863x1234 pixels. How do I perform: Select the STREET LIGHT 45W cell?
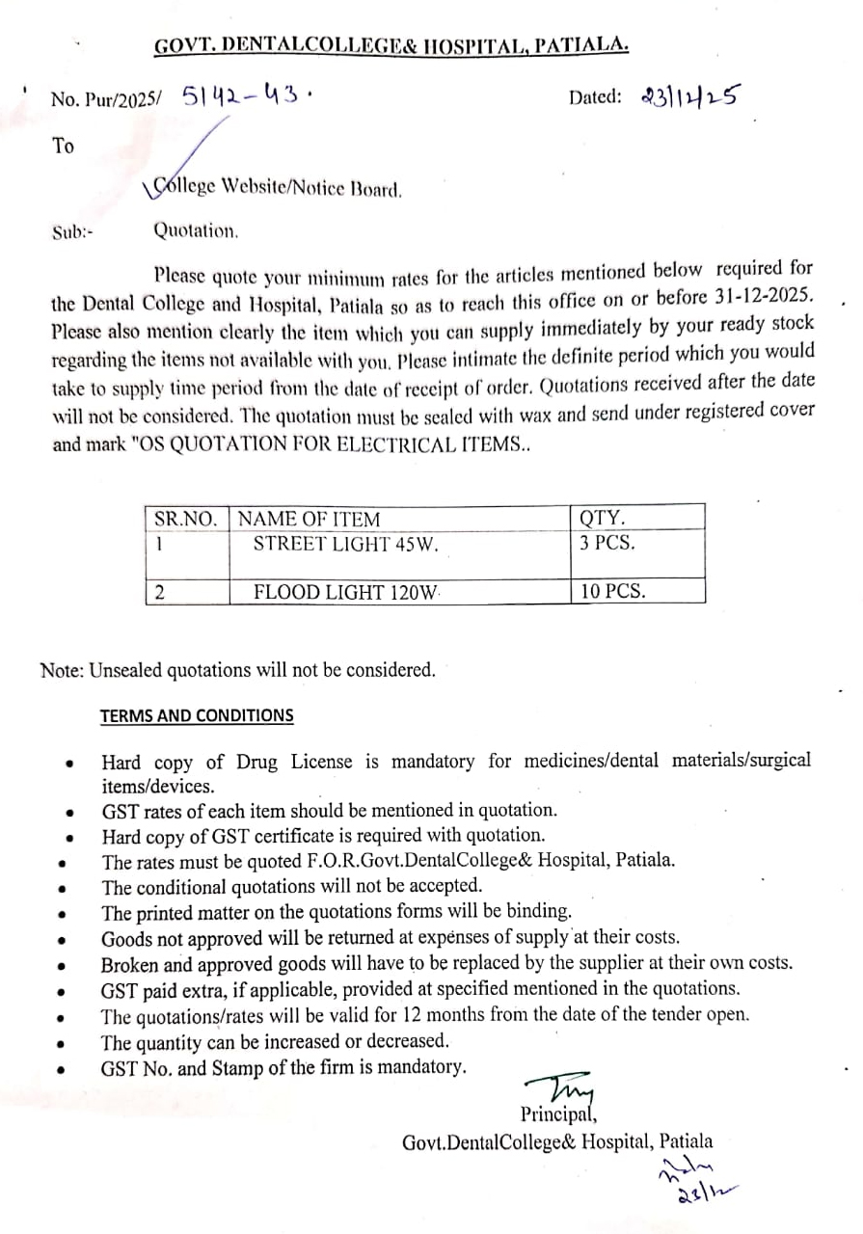tap(346, 544)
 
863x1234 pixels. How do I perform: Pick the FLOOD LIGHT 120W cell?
tap(346, 592)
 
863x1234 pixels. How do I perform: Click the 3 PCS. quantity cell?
tap(607, 542)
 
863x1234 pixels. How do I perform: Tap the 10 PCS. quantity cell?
tap(612, 592)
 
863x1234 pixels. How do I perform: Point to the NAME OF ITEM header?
tap(309, 519)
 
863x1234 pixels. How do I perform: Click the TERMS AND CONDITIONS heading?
tap(197, 716)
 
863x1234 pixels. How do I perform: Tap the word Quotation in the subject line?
tap(196, 231)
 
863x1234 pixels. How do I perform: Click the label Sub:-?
tap(72, 232)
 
